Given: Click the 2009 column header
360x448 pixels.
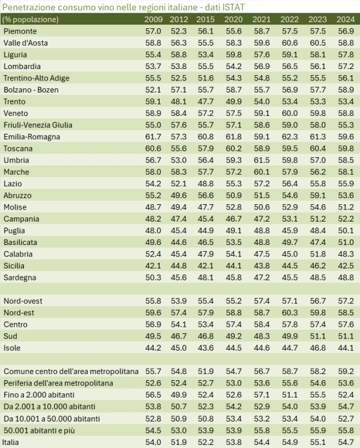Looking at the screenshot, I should [x=153, y=20].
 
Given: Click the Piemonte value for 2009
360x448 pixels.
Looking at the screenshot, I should [x=153, y=31].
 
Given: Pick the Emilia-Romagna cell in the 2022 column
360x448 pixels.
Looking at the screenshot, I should [x=290, y=137].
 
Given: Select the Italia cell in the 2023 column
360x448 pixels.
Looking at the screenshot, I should [x=317, y=441].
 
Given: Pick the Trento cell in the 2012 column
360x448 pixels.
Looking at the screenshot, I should [x=179, y=101].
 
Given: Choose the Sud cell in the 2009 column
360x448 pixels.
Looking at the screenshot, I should [x=153, y=336].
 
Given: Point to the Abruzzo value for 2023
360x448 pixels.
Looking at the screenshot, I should [x=317, y=195].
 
